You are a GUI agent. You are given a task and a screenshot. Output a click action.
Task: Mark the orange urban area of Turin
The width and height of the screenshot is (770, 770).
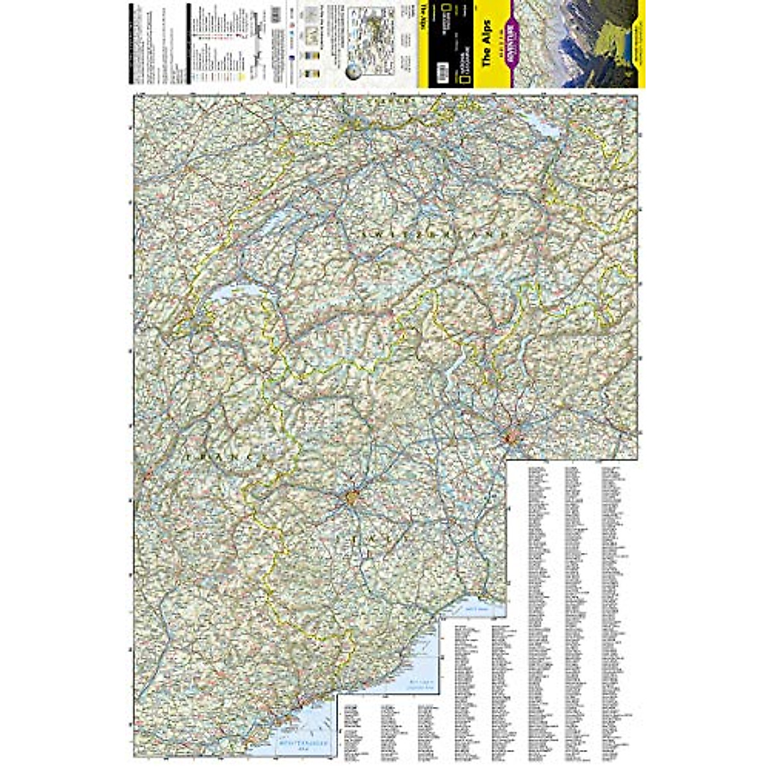[352, 497]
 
